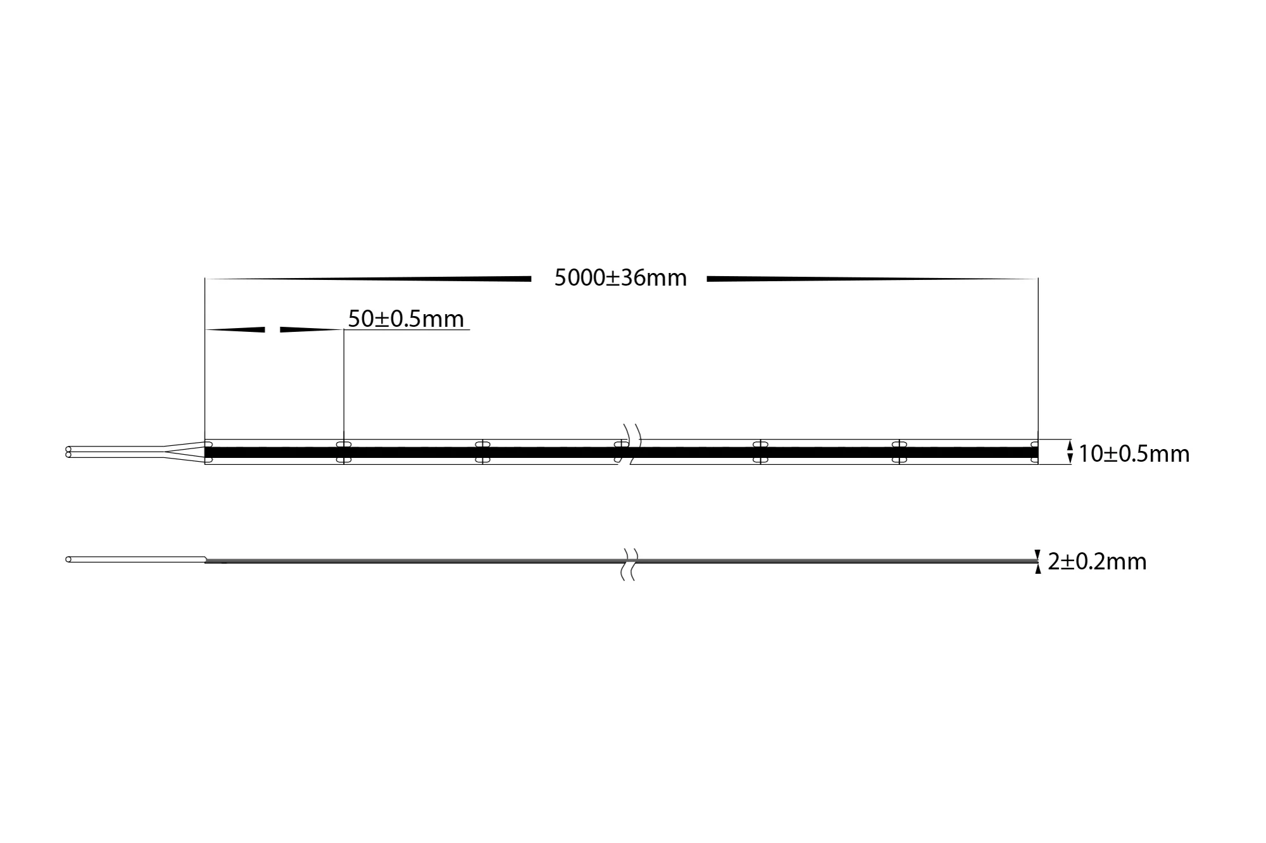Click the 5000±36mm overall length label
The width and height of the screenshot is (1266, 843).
tap(620, 278)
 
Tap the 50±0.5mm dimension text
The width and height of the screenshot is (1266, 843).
tap(406, 319)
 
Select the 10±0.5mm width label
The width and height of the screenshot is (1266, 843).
tap(1134, 453)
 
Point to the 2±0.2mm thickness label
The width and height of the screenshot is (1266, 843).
tap(1097, 561)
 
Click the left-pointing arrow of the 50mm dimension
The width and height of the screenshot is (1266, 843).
tap(235, 329)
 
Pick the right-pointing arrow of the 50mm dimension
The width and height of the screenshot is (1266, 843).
tap(310, 329)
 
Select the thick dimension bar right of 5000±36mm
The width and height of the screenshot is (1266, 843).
tap(872, 279)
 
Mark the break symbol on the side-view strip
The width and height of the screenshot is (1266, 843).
tap(628, 564)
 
